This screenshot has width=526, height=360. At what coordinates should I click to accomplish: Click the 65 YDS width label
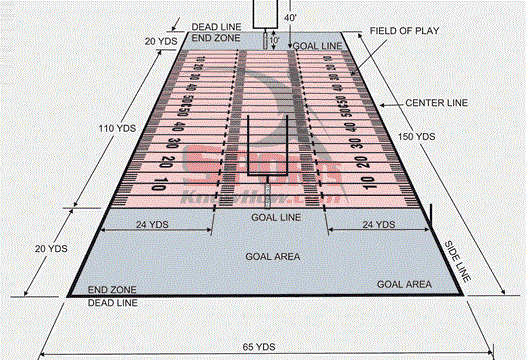point(259,346)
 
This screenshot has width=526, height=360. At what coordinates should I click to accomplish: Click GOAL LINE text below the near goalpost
point(275,217)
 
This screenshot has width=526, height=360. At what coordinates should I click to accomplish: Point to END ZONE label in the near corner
point(112,289)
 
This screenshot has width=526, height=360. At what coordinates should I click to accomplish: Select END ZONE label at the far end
point(214,37)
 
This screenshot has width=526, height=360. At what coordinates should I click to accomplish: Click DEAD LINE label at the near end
point(112,301)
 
